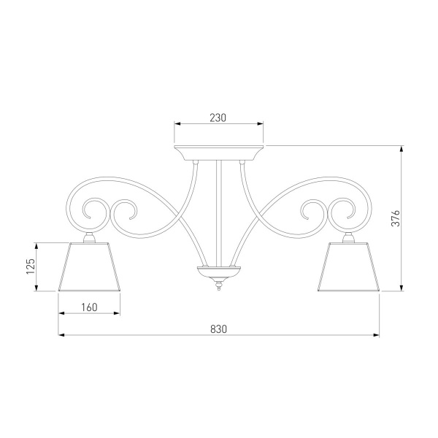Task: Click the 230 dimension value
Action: point(218,117)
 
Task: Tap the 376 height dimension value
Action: point(395,218)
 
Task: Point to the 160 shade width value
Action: point(90,307)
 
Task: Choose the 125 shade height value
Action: point(31,266)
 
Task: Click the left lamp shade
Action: point(90,267)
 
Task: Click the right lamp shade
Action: point(348,267)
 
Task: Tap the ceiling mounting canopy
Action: point(219,153)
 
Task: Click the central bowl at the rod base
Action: point(218,273)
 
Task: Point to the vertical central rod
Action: point(218,212)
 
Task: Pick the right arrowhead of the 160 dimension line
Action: point(119,314)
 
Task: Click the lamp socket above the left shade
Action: point(90,237)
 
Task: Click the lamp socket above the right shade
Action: point(348,237)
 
